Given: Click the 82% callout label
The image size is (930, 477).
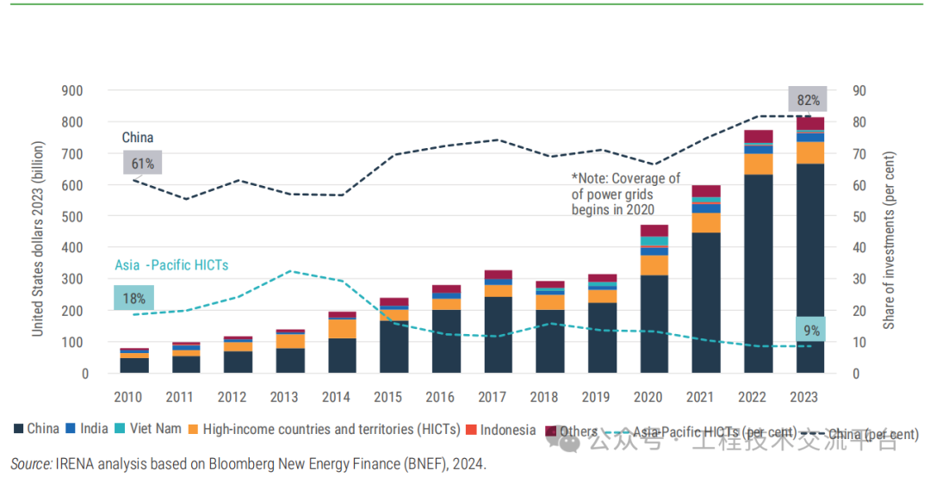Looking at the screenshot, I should point(808,100).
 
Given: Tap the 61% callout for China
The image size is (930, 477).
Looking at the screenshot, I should point(142,164).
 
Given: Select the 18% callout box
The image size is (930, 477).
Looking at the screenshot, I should point(133,298).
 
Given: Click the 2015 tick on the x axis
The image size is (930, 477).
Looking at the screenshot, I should point(388,397).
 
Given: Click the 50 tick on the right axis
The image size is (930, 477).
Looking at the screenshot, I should point(859,216).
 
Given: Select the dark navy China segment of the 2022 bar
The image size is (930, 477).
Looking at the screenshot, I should point(758,274).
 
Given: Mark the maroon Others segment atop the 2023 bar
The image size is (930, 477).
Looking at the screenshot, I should point(810,124).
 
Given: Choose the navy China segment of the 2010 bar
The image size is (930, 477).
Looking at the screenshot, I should point(134,365).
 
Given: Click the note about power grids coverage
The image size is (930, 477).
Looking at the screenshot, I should point(625,194).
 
